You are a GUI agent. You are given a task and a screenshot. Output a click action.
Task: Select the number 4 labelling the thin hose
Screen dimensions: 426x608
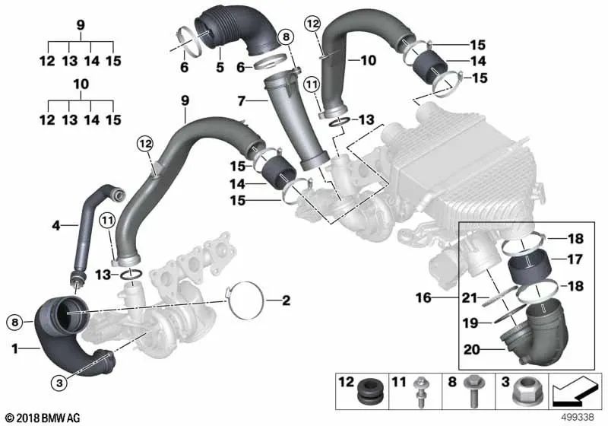[55, 224]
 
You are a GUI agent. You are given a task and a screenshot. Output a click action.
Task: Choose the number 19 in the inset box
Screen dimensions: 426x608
[472, 323]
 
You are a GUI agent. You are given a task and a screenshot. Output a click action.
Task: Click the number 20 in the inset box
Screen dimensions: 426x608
[472, 350]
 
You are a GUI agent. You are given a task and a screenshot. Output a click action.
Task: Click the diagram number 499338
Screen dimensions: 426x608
[578, 416]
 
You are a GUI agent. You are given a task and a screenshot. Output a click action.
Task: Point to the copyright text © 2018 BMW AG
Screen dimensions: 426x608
[41, 418]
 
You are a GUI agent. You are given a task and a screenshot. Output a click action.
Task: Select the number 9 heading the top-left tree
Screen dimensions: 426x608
[81, 24]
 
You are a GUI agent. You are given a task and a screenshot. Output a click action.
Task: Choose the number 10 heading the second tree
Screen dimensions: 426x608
[81, 84]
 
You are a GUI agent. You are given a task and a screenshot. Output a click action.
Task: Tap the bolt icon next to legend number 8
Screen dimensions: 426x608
[471, 389]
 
